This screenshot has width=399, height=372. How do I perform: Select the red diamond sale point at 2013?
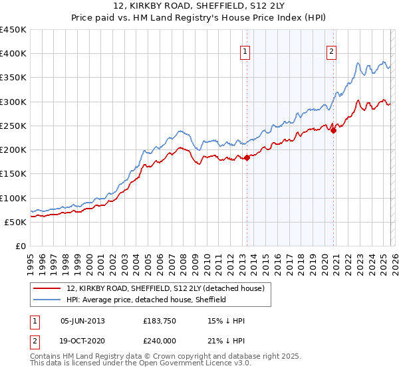(247, 157)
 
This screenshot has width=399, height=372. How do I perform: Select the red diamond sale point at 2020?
(334, 130)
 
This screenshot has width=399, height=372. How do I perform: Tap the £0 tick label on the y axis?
(21, 246)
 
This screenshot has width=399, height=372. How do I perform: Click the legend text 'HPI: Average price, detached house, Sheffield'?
(146, 300)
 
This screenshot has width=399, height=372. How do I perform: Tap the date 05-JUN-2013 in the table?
(82, 321)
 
